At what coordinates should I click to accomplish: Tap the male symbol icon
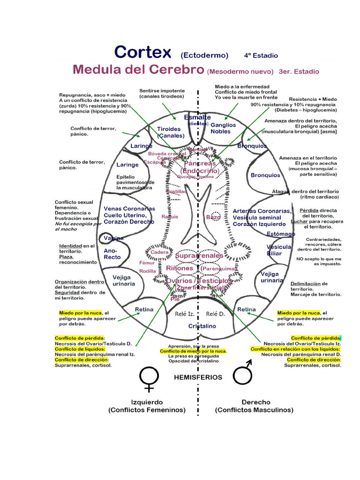[243, 372]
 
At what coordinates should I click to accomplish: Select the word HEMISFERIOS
[198, 377]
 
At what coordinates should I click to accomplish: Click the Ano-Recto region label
[112, 254]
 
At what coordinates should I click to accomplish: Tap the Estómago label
[281, 233]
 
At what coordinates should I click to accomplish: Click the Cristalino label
[202, 326]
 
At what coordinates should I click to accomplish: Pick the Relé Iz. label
[185, 314]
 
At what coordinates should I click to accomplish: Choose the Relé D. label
[216, 314]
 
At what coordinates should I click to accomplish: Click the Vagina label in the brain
[113, 238]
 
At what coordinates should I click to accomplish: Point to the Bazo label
[213, 217]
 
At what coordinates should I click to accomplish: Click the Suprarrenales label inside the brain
[199, 256]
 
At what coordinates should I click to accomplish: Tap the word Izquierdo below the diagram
[147, 402]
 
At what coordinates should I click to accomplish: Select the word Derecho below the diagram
[256, 402]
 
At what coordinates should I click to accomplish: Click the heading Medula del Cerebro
[139, 70]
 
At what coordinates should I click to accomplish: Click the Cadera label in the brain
[159, 252]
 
